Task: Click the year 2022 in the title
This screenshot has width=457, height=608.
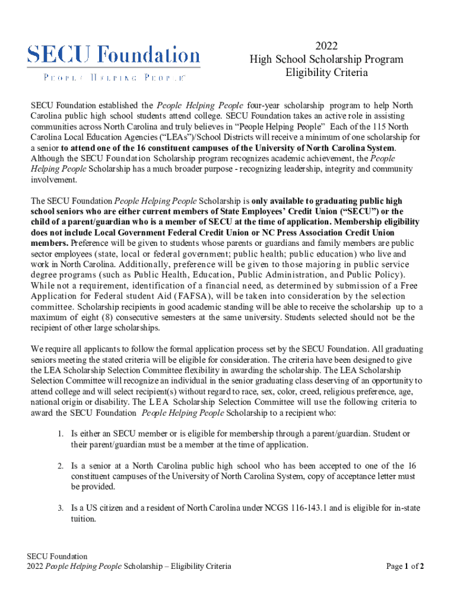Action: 325,46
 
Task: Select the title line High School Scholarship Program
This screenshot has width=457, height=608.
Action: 326,59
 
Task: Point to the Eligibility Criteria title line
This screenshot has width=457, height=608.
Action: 326,73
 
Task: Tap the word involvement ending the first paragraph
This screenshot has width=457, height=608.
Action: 52,179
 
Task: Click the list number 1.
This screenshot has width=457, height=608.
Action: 61,434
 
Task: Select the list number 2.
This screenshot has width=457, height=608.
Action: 61,466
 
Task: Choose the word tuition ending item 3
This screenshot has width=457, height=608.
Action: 84,518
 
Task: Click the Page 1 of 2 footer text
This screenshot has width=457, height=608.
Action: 405,566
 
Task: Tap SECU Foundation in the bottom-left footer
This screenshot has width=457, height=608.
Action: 57,556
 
